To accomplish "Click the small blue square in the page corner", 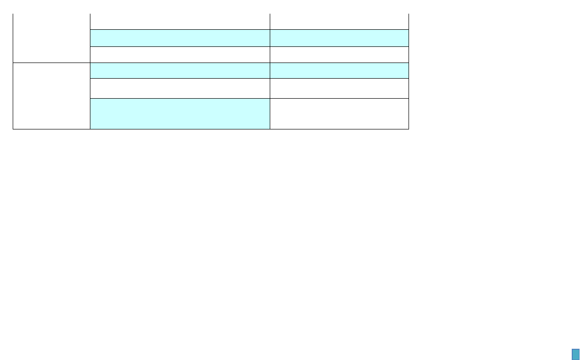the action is (x=575, y=354).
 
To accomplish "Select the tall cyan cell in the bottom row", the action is (x=180, y=113).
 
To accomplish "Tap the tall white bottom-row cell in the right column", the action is (x=339, y=113).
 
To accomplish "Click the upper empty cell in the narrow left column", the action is (x=51, y=38).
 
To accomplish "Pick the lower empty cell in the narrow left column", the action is (x=51, y=96).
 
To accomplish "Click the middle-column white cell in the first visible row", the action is (x=180, y=21).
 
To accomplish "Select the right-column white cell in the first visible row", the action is (x=339, y=21).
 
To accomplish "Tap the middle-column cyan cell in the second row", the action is (x=180, y=38).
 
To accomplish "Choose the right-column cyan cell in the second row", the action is (x=339, y=38).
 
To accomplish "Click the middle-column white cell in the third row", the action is (x=180, y=55).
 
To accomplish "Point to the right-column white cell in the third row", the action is (x=339, y=55).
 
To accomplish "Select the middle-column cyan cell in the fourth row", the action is (x=180, y=70).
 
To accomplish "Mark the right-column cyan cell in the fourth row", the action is (x=339, y=70).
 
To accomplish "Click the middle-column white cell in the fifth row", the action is (x=180, y=88).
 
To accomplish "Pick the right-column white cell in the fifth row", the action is (x=339, y=88).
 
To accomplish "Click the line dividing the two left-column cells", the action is (x=51, y=63).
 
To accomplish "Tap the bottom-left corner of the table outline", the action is (x=13, y=129).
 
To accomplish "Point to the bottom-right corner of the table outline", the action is (x=409, y=129).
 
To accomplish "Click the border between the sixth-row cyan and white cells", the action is (x=270, y=113).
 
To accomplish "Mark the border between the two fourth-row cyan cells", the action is (x=270, y=70).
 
